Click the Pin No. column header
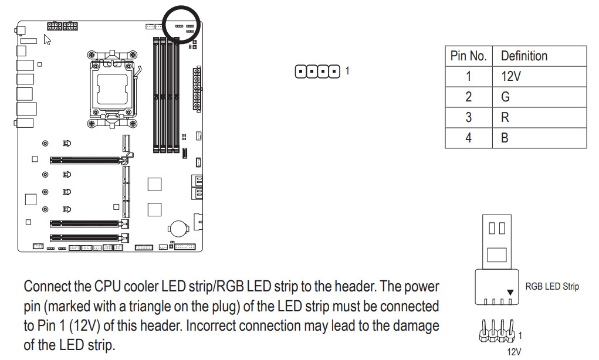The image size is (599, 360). point(468,56)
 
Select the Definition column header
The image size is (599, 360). point(524,56)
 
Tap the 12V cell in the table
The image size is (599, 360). point(510,77)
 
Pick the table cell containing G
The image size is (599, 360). point(506,97)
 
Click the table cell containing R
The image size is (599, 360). point(506,117)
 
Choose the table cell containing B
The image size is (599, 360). point(506,138)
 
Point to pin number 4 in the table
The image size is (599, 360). point(468,138)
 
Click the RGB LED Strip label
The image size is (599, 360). point(551,287)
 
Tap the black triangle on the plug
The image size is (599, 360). point(510,292)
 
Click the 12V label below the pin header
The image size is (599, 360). point(514,352)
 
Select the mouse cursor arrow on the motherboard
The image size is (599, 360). point(48,39)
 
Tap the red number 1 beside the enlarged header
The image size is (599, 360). point(347,71)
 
